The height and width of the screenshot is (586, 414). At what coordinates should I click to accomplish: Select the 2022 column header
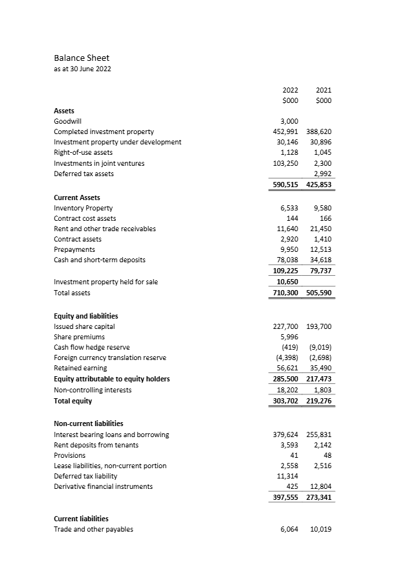click(290, 91)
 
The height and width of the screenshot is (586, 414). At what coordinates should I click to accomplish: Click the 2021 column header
click(323, 91)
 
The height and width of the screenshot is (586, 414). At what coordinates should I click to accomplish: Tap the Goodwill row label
click(67, 121)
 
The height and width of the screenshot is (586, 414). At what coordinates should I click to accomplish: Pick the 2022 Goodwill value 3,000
click(289, 121)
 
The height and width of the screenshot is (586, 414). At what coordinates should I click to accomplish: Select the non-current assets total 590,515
click(285, 185)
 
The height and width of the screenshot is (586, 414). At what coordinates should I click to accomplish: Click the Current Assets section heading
click(76, 197)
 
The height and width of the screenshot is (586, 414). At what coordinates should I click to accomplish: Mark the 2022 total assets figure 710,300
click(285, 293)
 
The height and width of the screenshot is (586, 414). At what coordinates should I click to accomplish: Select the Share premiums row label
click(79, 337)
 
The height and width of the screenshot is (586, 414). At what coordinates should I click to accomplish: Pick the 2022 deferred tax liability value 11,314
click(287, 476)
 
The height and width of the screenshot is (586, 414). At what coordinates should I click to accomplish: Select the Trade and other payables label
click(93, 529)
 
